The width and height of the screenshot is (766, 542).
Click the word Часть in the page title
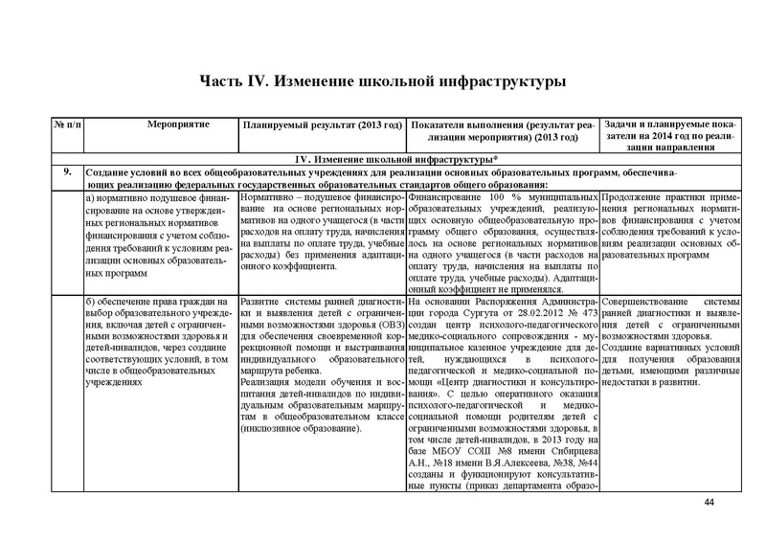point(225,81)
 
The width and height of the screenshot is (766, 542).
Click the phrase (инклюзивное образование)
point(300,427)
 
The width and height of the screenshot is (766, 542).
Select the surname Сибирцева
point(572,460)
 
